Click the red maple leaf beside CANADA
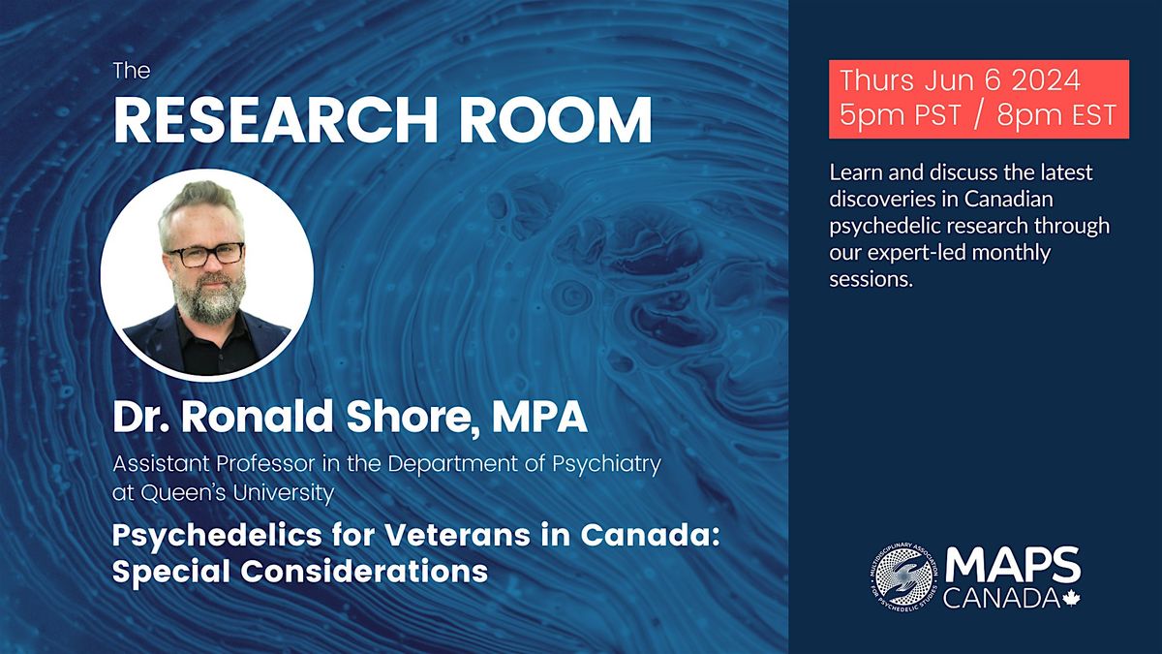(x=1069, y=601)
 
